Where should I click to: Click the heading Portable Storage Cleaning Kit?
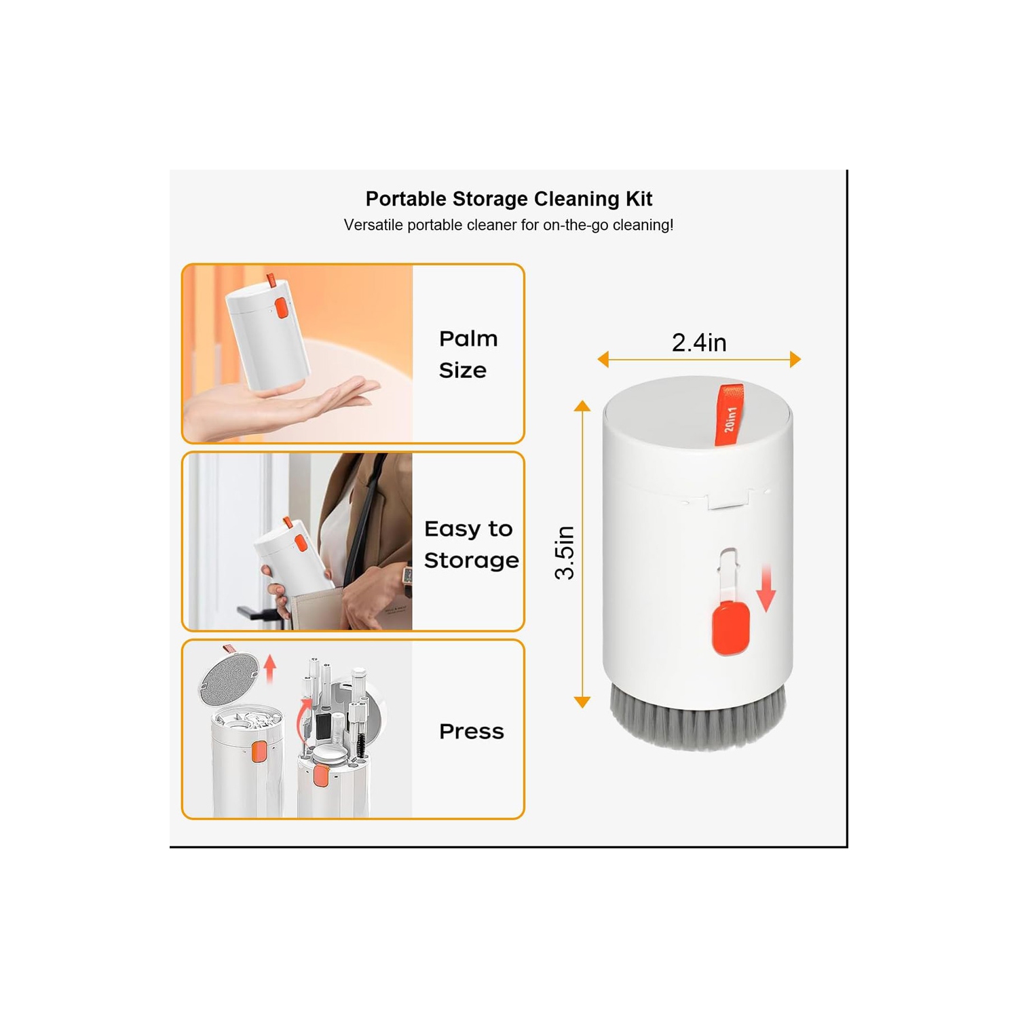pyautogui.click(x=508, y=199)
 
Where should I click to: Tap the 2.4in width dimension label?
pyautogui.click(x=699, y=343)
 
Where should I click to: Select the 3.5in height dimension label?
pyautogui.click(x=565, y=552)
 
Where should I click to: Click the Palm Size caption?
pyautogui.click(x=468, y=354)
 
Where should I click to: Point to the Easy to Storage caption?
pyautogui.click(x=471, y=544)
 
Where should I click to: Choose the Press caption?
pyautogui.click(x=471, y=732)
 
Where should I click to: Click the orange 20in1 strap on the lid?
pyautogui.click(x=730, y=415)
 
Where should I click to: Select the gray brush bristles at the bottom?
pyautogui.click(x=698, y=719)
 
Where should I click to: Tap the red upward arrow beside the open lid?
pyautogui.click(x=270, y=668)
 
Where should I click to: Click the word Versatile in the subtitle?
pyautogui.click(x=373, y=225)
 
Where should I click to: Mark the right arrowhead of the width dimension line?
pyautogui.click(x=795, y=360)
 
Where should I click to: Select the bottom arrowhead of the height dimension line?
pyautogui.click(x=582, y=702)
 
